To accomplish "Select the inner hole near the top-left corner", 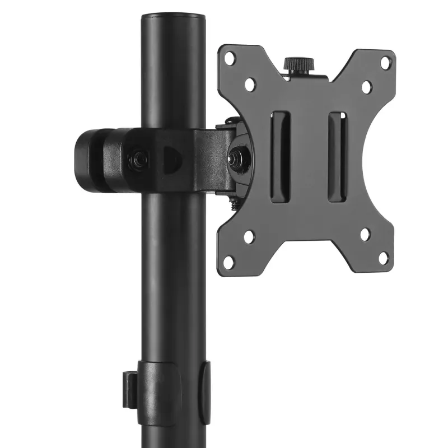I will click(x=250, y=84).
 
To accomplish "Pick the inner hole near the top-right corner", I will click(x=366, y=87).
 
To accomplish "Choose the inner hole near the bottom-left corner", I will click(x=249, y=236).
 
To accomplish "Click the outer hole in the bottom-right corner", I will click(x=384, y=258).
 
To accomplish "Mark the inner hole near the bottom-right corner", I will click(x=365, y=234).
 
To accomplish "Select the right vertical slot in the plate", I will click(x=337, y=156).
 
